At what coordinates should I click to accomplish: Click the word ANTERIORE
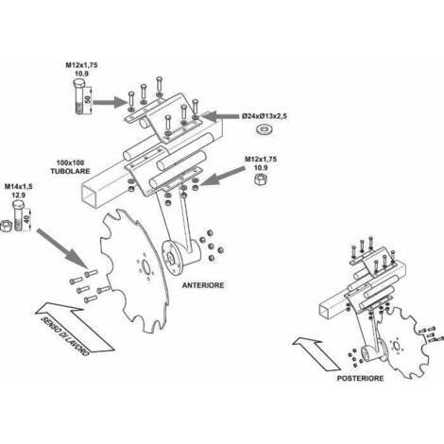pyautogui.click(x=203, y=285)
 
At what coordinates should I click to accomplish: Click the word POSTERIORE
pyautogui.click(x=361, y=378)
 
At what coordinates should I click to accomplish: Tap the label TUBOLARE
pyautogui.click(x=70, y=171)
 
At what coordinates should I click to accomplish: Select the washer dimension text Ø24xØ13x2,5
pyautogui.click(x=265, y=116)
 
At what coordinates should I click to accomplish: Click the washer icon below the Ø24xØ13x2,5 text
pyautogui.click(x=265, y=129)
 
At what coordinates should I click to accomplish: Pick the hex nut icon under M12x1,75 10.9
pyautogui.click(x=261, y=179)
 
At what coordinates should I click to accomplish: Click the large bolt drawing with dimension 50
pyautogui.click(x=78, y=96)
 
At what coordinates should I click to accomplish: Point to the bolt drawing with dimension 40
pyautogui.click(x=18, y=216)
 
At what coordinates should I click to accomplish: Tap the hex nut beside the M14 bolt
pyautogui.click(x=6, y=227)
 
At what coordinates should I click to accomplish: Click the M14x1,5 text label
pyautogui.click(x=18, y=186)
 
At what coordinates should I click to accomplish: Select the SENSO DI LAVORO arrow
pyautogui.click(x=75, y=328)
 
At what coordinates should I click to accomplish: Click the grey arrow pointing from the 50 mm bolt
pyautogui.click(x=110, y=102)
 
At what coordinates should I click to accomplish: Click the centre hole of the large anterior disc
pyautogui.click(x=145, y=268)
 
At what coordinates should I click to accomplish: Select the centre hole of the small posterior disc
pyautogui.click(x=397, y=346)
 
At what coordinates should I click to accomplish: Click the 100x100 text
pyautogui.click(x=70, y=162)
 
